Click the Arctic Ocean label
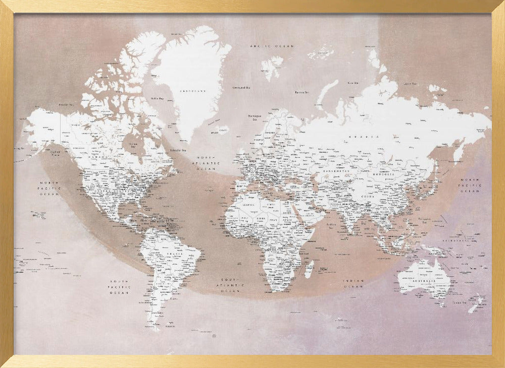click(272, 46)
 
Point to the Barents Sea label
click(302, 92)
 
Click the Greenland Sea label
click(242, 87)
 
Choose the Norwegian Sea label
click(255, 118)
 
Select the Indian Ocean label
click(353, 284)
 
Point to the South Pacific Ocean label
click(120, 287)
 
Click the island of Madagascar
click(309, 269)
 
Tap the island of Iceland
click(223, 130)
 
